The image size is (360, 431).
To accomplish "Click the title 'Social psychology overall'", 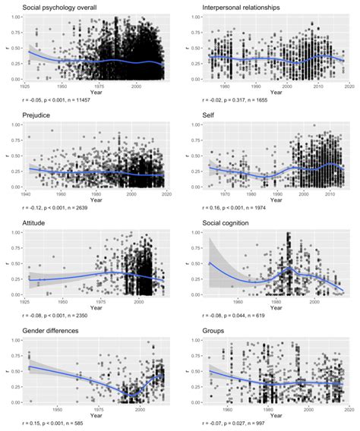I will tap(58, 7).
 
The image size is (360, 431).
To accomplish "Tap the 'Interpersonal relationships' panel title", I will tap(241, 7).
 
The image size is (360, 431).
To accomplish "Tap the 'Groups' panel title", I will tap(214, 331).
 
